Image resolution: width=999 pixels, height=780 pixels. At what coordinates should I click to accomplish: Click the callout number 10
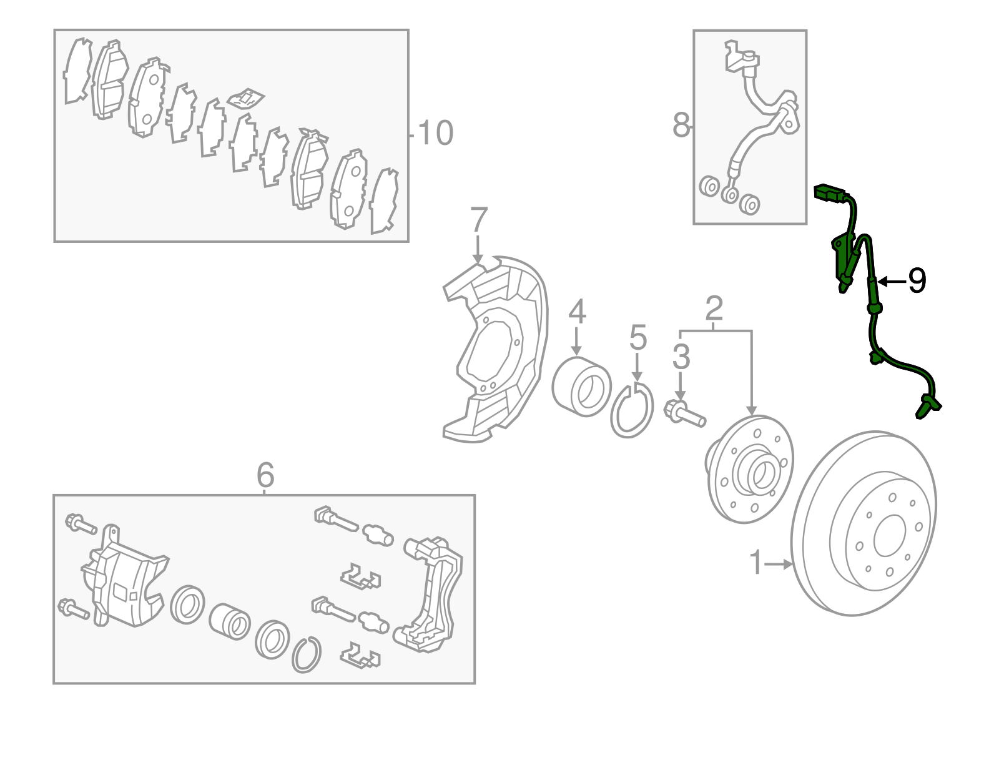click(x=435, y=133)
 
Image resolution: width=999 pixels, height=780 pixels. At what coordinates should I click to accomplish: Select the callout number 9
click(x=917, y=281)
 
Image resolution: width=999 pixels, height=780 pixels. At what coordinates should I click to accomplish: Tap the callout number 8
click(x=681, y=125)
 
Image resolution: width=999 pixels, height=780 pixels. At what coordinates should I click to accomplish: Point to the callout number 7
click(x=478, y=220)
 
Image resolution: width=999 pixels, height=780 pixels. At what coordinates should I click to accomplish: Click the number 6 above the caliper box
click(x=265, y=475)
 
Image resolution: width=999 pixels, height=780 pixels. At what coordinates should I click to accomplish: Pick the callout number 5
click(x=637, y=337)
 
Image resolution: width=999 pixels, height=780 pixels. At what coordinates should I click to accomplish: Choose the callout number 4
click(x=577, y=311)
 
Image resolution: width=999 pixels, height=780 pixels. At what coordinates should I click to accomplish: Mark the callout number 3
click(x=681, y=357)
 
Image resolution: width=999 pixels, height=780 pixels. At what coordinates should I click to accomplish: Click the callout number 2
click(x=714, y=308)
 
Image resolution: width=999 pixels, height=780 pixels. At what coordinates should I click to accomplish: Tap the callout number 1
click(x=756, y=563)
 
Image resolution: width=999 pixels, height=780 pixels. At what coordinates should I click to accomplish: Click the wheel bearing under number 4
click(x=581, y=386)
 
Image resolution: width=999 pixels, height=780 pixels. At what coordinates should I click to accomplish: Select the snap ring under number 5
click(x=632, y=412)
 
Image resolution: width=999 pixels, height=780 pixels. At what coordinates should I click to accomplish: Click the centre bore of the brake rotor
click(x=890, y=536)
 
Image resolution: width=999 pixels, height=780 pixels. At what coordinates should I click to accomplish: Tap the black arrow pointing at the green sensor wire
click(x=892, y=282)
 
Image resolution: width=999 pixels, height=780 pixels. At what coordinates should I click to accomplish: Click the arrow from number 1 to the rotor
click(x=779, y=564)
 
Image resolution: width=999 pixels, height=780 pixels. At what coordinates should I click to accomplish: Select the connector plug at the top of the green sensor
click(x=828, y=193)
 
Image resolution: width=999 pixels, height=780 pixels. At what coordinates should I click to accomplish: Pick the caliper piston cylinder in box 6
click(x=229, y=621)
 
